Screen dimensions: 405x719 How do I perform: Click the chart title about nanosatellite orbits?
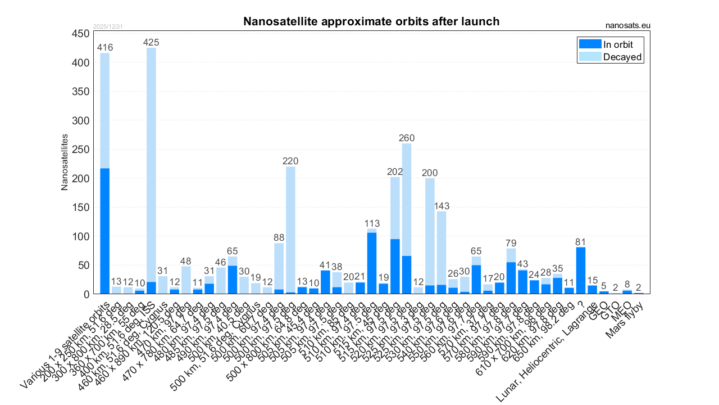coord(371,22)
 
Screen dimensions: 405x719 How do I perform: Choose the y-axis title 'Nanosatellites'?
coord(65,162)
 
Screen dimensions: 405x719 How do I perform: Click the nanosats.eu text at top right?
coord(628,25)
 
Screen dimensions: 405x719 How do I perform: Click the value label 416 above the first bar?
coord(104,48)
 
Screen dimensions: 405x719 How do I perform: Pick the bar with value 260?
coord(407,219)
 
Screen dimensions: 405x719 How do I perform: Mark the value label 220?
coord(290,161)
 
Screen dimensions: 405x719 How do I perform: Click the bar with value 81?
coord(581,270)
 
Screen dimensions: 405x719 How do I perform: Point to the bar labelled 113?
coord(372,262)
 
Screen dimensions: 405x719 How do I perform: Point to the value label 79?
coord(511,243)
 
